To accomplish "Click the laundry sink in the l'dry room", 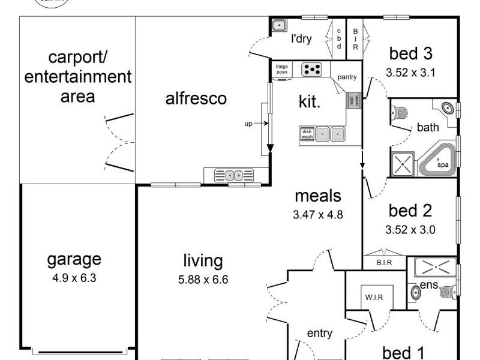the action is pos(279,25).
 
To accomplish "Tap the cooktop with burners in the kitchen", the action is pos(311,70).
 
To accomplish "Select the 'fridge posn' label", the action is pos(281,69).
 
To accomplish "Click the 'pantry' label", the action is pos(347,77).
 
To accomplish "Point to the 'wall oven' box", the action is pos(354,100).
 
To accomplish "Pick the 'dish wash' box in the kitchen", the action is pos(307,134).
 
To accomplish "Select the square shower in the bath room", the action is pos(403,164).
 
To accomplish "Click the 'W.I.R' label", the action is pos(374,297).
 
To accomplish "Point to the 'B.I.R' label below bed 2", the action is pos(384,263).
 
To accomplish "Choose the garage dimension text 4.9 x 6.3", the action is pos(74,278).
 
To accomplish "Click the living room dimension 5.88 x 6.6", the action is pos(203,280).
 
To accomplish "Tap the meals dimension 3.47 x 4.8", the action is pos(318,215).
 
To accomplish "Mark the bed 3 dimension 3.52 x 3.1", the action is pos(410,73).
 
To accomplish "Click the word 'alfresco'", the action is pos(196,98).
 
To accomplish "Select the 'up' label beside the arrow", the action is pos(248,124).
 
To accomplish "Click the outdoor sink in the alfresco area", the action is pos(234,176).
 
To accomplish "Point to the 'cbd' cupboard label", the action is pos(339,38).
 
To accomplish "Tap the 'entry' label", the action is pos(320,334).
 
